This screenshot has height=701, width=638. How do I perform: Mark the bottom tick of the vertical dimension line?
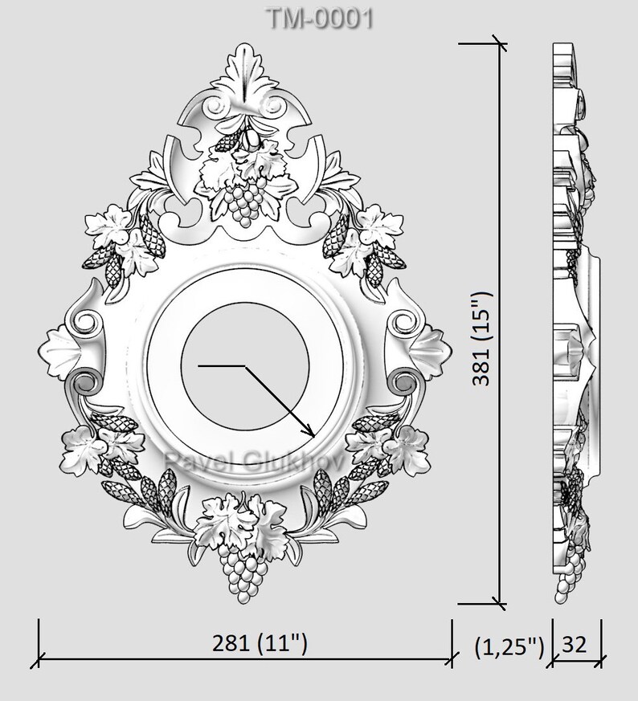point(499,604)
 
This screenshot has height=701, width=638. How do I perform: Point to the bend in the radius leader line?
point(244,366)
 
